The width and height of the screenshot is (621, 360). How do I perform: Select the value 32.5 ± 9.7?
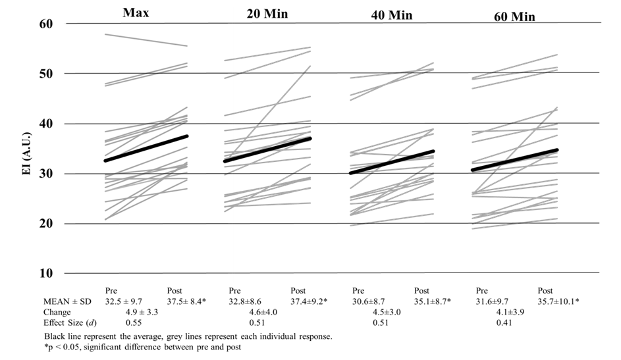[x=128, y=301]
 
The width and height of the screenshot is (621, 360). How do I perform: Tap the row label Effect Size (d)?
[x=49, y=323]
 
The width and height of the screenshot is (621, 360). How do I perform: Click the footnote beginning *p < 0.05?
[x=132, y=347]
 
